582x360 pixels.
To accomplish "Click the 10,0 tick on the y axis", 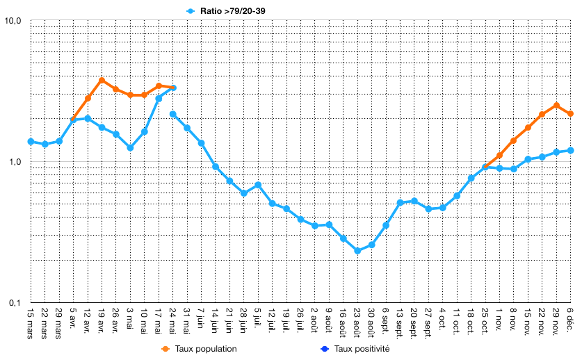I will pos(13,21).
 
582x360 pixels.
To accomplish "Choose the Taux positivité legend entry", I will pos(355,349).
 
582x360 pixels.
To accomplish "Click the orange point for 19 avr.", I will pos(102,81).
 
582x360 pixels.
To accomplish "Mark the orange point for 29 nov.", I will pos(556,106).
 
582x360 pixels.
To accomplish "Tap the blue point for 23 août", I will pos(357,251).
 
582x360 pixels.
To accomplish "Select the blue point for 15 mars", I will pos(31,142).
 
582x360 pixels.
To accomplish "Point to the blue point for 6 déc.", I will pos(570,151).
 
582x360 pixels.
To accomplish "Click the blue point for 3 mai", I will pos(130,148).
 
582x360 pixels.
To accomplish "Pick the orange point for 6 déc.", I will pos(570,114).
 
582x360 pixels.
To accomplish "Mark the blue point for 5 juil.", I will pos(258,185).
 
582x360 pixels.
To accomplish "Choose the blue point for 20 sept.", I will pos(414,201).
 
